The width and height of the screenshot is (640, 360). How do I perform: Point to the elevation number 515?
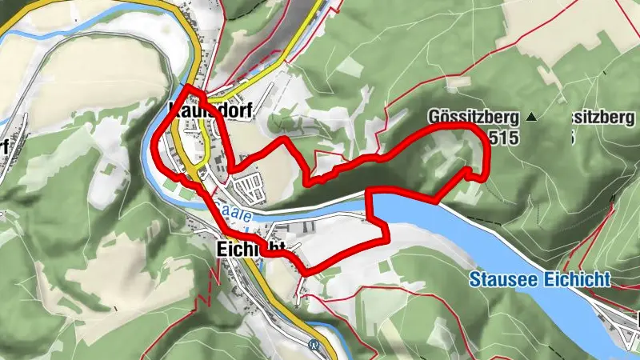tap(502, 138)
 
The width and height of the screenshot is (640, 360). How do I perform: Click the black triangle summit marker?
tap(531, 118)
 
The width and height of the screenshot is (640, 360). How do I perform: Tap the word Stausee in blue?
tap(499, 279)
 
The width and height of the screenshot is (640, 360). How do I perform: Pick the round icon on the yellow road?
tap(313, 345)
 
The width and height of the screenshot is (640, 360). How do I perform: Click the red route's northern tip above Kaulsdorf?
tap(186, 87)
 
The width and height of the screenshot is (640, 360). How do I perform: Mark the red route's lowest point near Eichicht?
tap(306, 273)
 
